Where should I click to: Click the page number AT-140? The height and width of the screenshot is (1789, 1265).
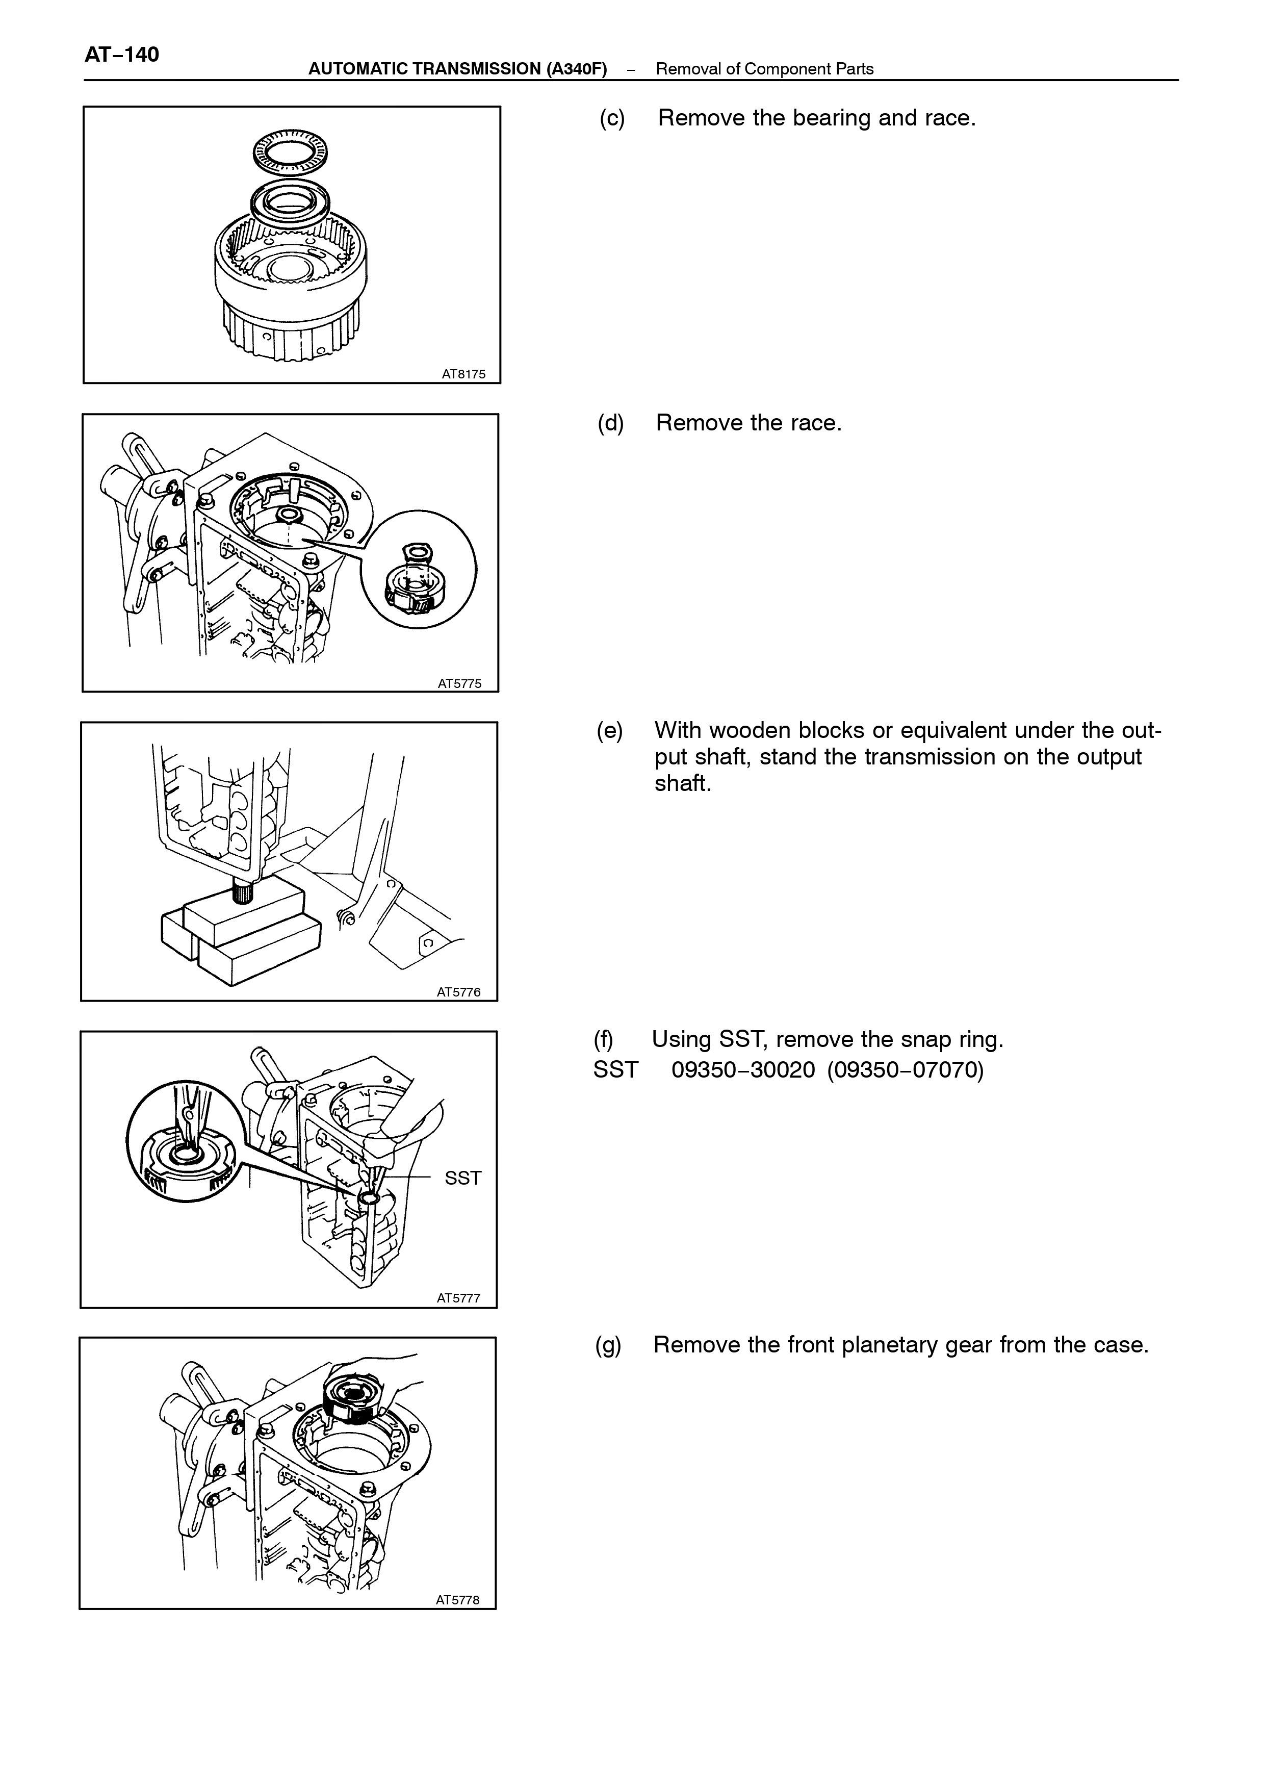click(x=121, y=55)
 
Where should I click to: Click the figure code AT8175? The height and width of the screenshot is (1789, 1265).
click(x=463, y=374)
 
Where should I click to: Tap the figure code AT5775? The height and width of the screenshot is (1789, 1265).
click(x=459, y=683)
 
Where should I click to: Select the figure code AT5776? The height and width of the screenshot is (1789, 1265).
click(x=459, y=992)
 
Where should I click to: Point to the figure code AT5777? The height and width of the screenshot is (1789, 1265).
click(x=459, y=1298)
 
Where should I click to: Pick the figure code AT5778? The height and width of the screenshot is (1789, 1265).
click(x=458, y=1600)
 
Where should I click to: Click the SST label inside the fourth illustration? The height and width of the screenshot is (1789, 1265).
click(x=463, y=1178)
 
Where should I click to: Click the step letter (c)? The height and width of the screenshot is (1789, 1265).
click(x=612, y=118)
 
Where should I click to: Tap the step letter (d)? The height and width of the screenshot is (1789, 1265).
click(x=611, y=423)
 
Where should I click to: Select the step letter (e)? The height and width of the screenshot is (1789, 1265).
click(x=610, y=731)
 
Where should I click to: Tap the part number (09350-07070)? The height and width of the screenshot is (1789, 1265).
click(x=906, y=1070)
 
